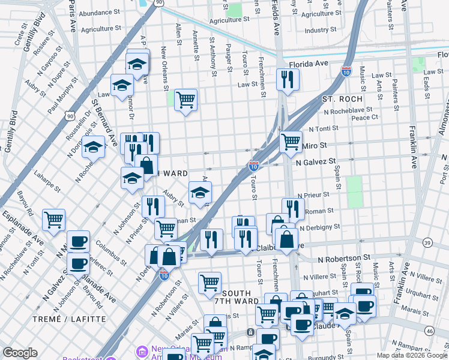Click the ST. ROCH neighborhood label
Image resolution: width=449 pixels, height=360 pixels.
click(342, 98)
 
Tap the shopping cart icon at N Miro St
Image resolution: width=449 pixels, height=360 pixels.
click(291, 142)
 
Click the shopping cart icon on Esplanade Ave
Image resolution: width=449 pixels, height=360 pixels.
click(53, 220)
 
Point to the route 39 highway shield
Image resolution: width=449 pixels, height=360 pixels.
click(427, 242)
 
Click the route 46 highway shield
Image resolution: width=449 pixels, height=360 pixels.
click(429, 331)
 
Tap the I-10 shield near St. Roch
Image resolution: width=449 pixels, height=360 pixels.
click(346, 71)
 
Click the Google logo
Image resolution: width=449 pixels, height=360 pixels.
click(20, 353)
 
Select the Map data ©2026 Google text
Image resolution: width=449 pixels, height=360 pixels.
click(411, 355)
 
